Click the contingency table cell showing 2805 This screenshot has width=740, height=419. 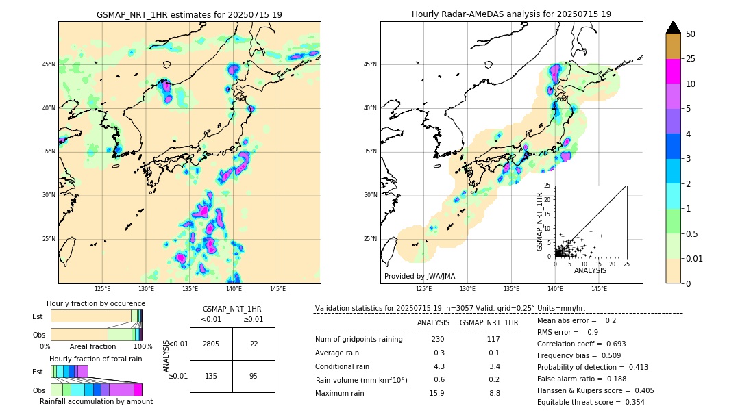211,344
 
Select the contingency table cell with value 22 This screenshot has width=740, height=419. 254,344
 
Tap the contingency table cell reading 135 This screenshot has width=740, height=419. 211,376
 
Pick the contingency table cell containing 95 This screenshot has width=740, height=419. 254,376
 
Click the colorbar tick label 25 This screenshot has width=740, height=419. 691,59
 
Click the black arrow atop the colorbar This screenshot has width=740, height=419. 674,27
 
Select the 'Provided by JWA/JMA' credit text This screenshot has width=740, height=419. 419,276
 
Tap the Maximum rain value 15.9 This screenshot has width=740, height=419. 436,393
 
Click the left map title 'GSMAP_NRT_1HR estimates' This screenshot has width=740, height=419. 189,14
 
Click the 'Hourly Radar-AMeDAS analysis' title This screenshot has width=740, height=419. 511,14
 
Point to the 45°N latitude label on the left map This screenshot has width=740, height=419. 49,64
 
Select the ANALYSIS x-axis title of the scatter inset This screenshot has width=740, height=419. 590,270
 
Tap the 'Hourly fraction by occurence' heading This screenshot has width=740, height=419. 96,303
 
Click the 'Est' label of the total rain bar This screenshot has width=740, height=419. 38,372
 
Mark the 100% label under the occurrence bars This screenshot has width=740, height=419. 143,347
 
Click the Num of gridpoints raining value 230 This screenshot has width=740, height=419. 438,340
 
